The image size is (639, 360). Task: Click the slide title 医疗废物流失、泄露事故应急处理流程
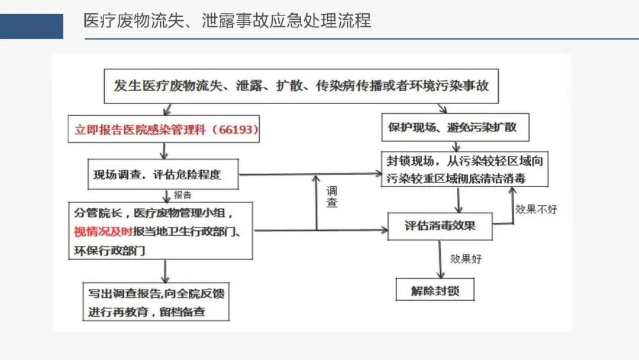click(227, 21)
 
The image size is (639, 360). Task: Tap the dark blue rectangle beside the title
click(31, 27)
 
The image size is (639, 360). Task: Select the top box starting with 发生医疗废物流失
click(301, 85)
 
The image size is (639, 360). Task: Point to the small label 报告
click(183, 195)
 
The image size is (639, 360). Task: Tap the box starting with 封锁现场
click(464, 169)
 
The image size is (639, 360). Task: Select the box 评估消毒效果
click(440, 226)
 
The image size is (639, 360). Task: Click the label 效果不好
click(536, 209)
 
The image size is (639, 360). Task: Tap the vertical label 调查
click(333, 197)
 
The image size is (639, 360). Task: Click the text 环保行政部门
click(109, 250)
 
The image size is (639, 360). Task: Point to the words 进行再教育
click(118, 311)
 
